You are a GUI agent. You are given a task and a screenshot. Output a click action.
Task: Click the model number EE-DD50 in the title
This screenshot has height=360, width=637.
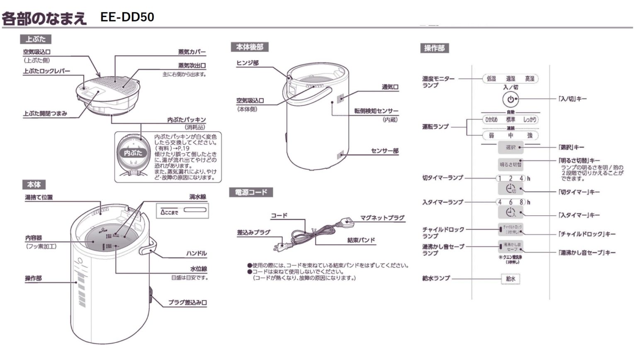127,17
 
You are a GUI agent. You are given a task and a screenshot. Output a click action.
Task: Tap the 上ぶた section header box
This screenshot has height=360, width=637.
36,39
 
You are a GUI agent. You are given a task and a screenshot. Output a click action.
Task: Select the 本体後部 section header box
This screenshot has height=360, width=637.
249,47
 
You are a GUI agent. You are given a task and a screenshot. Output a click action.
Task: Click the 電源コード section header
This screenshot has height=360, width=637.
251,192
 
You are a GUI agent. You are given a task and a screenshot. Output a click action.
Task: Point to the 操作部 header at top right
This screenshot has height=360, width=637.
434,48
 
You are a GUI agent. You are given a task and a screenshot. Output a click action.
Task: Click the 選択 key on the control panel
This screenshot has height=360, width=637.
510,147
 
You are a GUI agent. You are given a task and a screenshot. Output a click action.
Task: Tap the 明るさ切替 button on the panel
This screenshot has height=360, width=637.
510,165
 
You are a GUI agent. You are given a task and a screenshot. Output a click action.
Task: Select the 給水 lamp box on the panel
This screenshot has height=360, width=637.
511,279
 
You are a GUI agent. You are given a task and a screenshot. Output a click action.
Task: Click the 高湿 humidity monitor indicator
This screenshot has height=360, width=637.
530,79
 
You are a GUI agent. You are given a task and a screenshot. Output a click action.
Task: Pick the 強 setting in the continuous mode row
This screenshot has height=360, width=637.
530,136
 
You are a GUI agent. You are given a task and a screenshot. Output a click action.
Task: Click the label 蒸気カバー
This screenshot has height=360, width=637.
192,52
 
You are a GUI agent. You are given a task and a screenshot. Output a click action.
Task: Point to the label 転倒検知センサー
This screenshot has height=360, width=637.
376,111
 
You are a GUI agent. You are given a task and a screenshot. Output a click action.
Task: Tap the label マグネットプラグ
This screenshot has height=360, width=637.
382,218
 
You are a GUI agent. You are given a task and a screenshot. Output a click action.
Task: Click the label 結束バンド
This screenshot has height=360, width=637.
361,240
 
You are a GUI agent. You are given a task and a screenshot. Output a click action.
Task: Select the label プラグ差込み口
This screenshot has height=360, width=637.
187,303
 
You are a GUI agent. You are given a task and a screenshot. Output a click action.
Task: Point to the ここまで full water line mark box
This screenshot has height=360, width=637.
182,211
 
